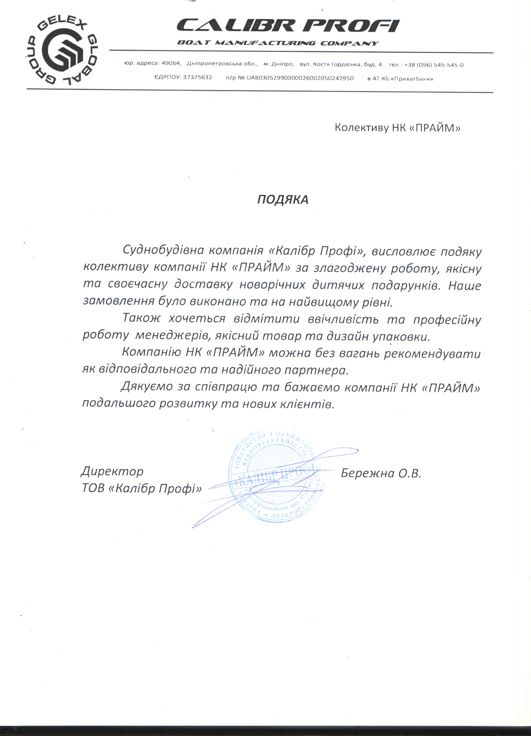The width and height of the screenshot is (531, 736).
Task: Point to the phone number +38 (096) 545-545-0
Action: click(x=434, y=65)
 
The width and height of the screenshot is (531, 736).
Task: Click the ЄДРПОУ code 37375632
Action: click(x=197, y=78)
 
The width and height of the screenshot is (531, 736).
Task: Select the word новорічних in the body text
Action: click(x=272, y=285)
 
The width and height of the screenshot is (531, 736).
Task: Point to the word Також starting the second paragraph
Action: click(x=141, y=318)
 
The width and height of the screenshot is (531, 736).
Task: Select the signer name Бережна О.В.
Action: click(x=381, y=473)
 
